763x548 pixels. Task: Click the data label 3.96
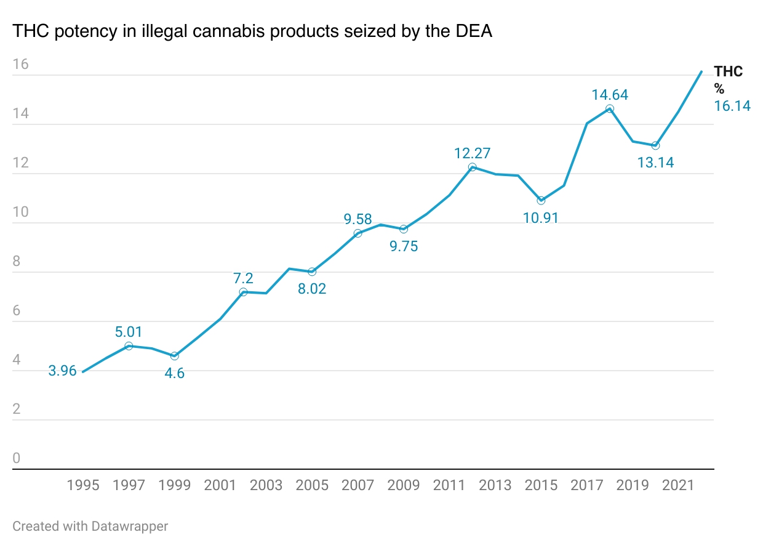tap(62, 371)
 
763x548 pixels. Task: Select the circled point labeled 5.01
tap(129, 346)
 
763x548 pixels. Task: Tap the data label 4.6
tap(175, 373)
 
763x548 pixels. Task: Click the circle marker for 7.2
tap(243, 292)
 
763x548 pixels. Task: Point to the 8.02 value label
tap(312, 289)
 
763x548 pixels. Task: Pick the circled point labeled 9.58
tap(358, 233)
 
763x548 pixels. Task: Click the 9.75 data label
tap(403, 247)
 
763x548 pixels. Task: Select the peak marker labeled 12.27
tap(472, 167)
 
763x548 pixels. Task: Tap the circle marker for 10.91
tap(541, 201)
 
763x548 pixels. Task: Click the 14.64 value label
tap(610, 95)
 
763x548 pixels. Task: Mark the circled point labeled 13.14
tap(655, 145)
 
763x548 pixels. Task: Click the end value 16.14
tap(732, 106)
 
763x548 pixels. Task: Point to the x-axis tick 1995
tap(83, 486)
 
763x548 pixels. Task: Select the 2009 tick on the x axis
tap(404, 486)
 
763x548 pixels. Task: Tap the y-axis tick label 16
tap(20, 65)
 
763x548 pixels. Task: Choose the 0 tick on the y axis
tap(17, 459)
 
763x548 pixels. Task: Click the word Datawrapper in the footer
tap(130, 526)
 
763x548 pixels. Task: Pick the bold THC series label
tap(729, 71)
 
